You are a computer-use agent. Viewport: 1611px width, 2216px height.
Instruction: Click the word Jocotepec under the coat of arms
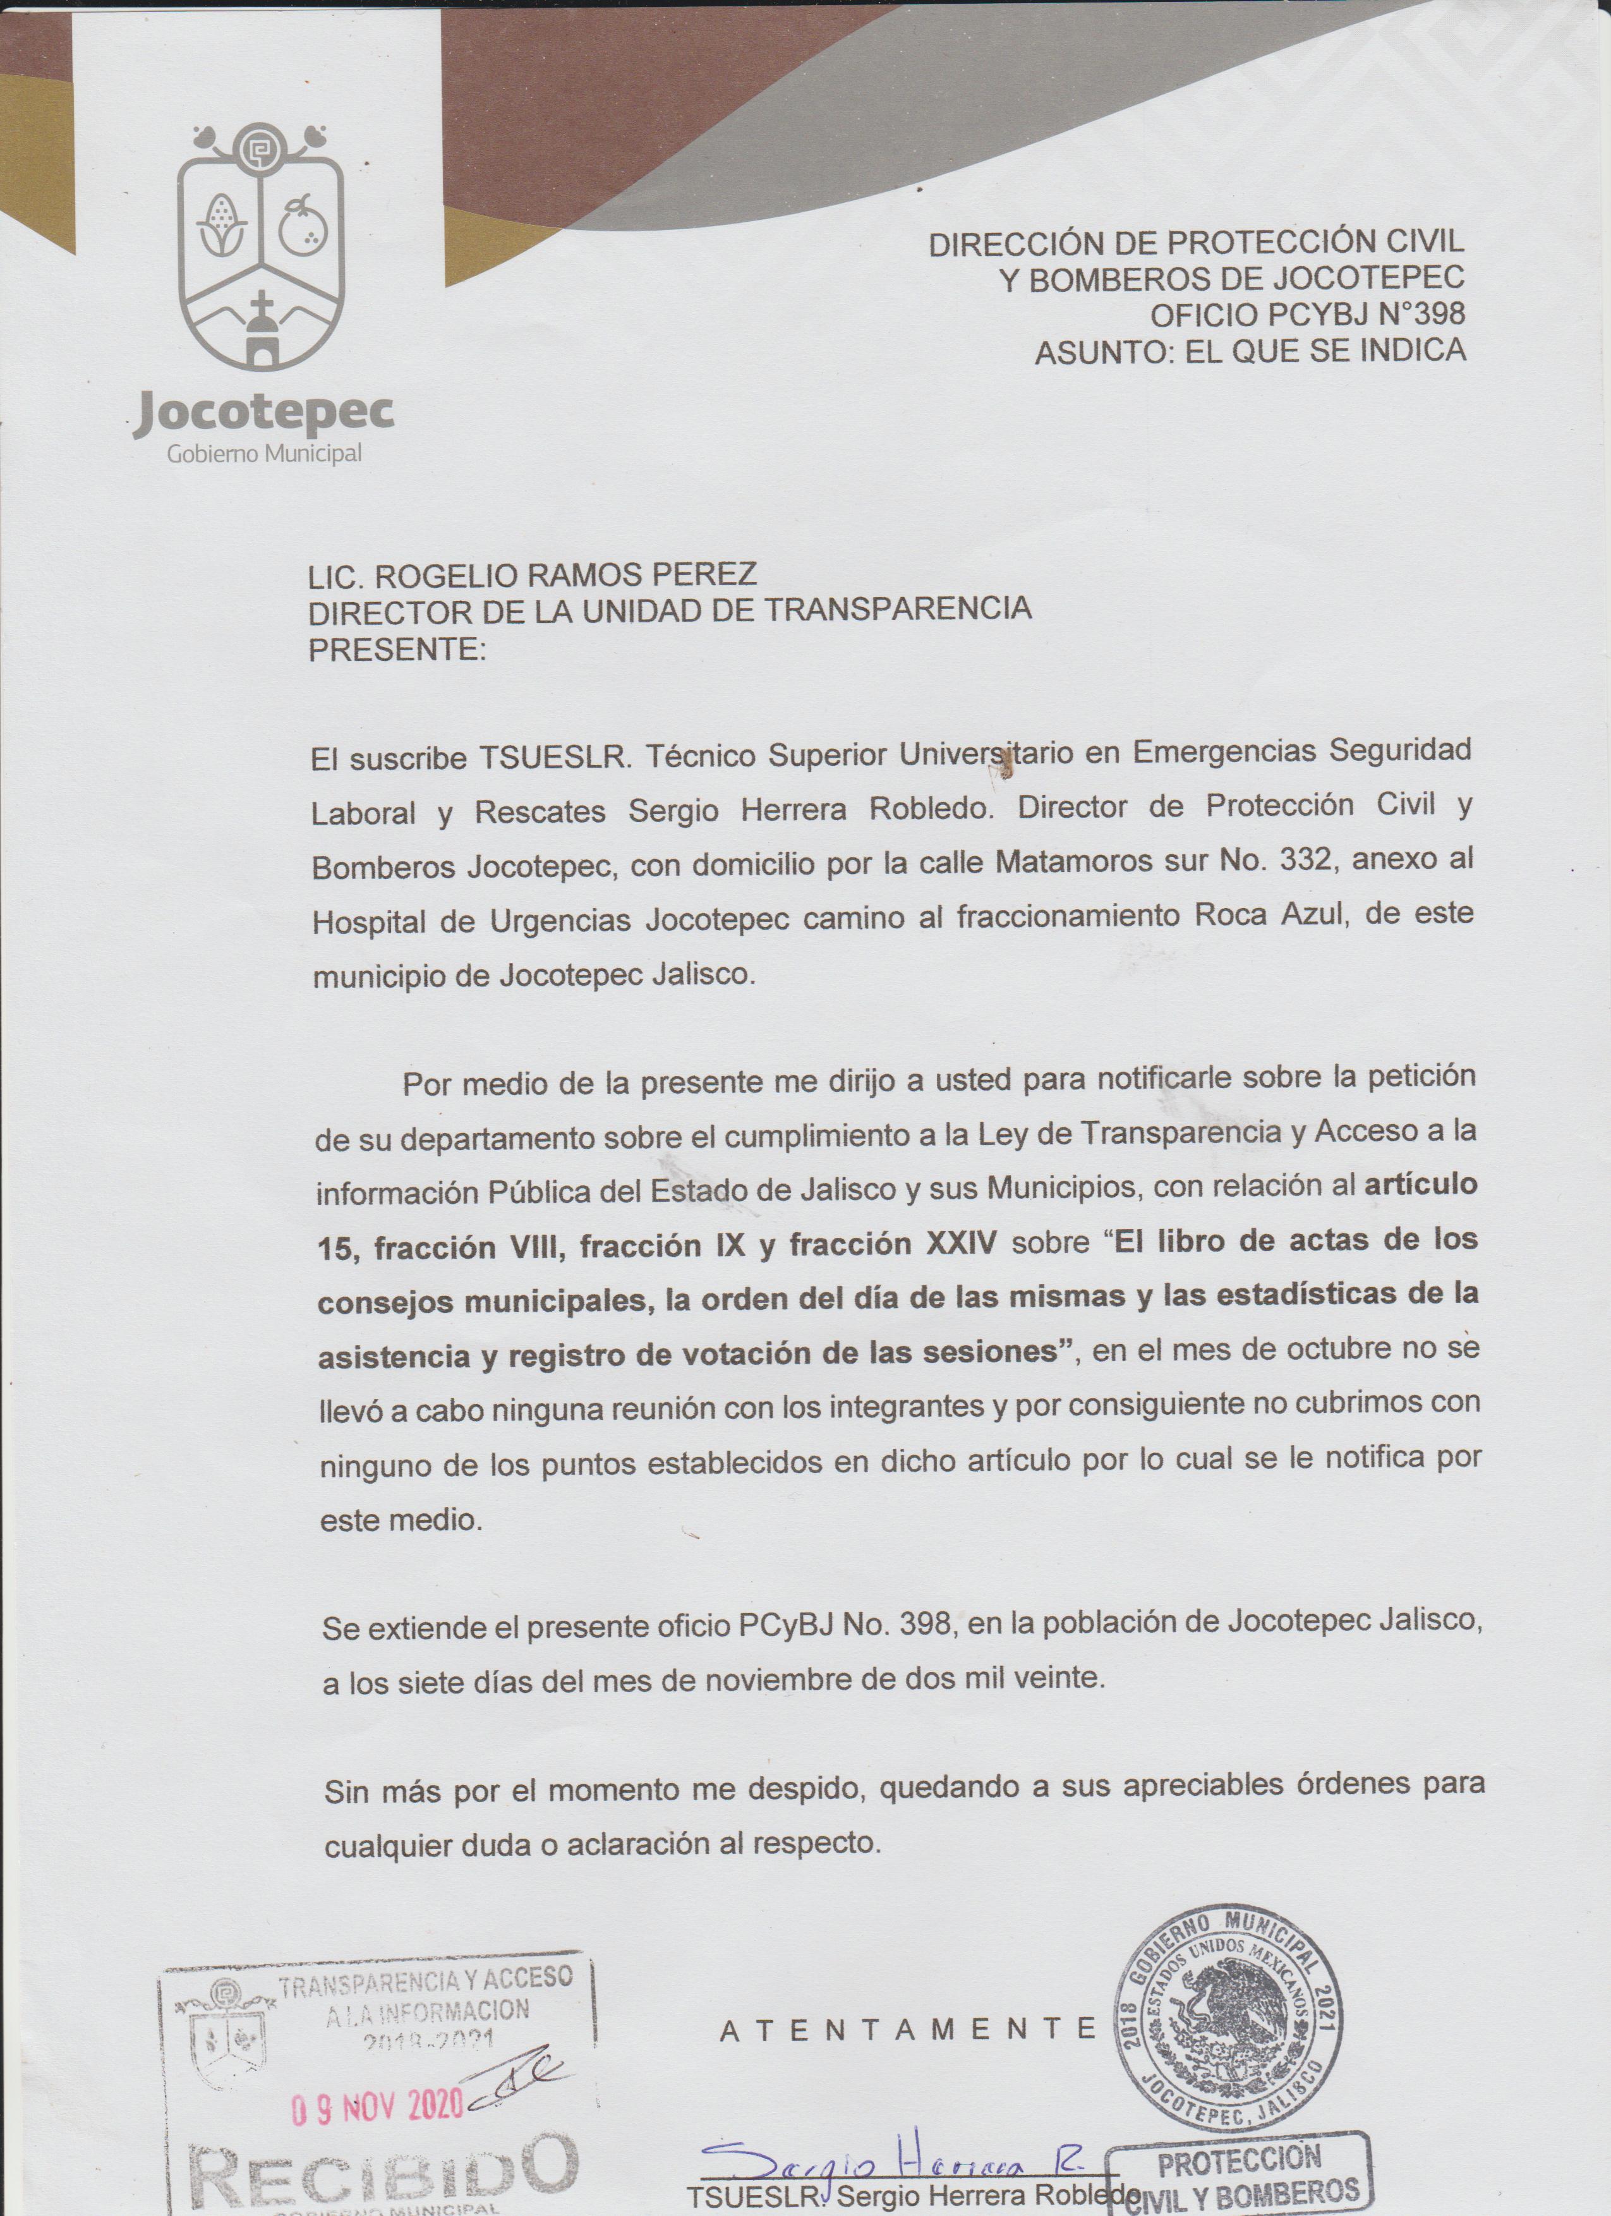265,415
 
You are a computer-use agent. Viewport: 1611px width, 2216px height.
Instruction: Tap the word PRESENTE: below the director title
397,650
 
